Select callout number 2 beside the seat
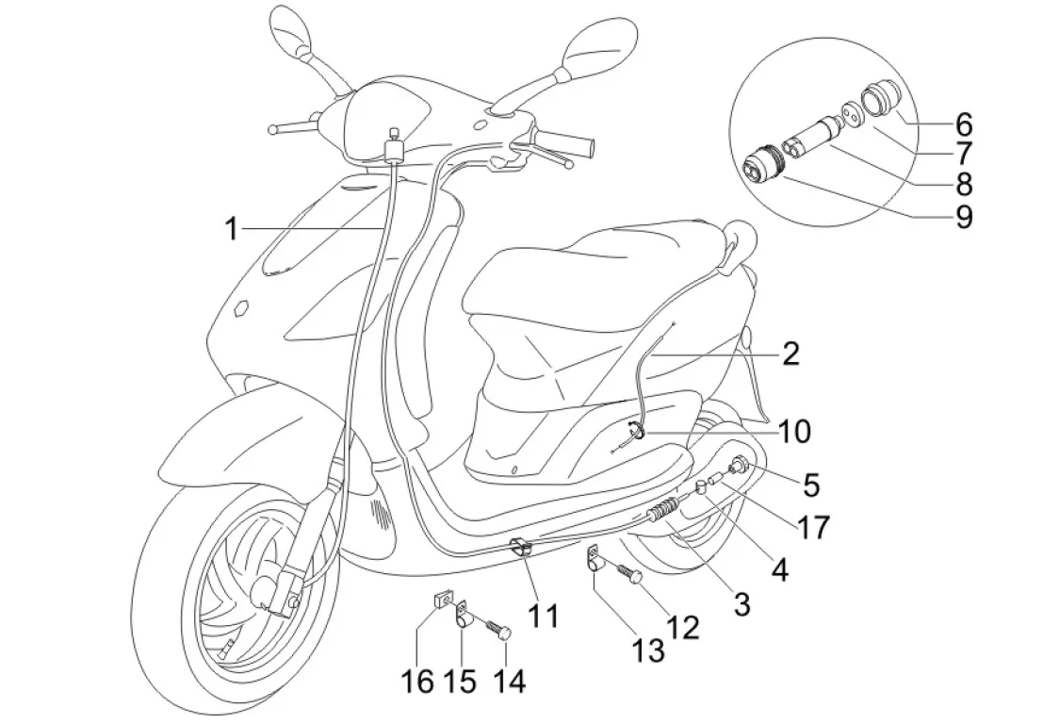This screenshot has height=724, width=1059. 790,354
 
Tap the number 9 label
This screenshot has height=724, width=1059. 963,217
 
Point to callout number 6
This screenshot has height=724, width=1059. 963,123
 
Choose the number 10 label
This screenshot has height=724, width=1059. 794,432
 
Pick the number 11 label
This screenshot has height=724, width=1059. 543,617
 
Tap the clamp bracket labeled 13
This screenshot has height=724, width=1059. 595,563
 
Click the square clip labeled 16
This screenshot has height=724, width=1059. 439,600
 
